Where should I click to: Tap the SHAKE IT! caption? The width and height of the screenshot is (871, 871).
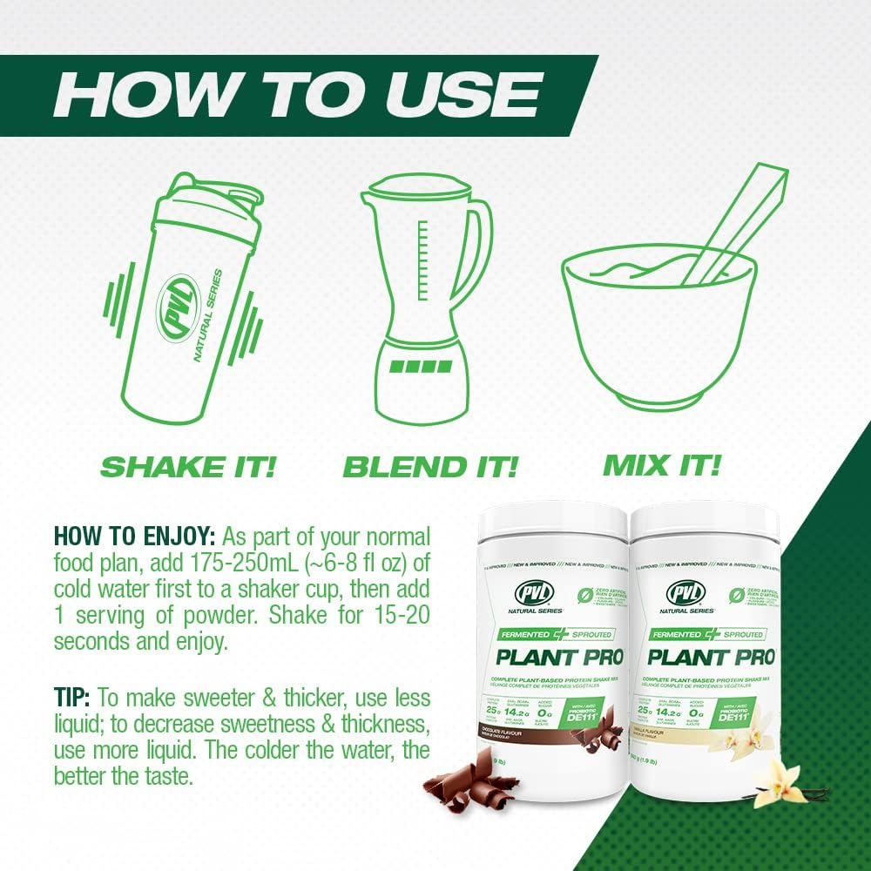point(187,465)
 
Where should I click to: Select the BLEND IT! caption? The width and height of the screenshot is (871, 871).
point(430,465)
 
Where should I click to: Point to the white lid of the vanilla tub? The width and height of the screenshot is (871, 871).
point(704,521)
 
